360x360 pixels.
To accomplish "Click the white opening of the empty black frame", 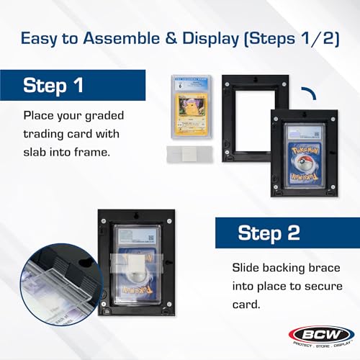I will coord(246,112).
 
